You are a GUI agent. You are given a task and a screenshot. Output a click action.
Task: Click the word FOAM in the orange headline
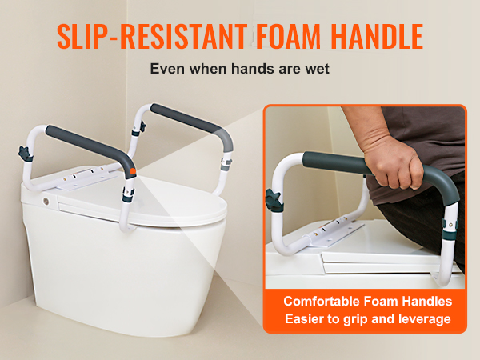(288, 37)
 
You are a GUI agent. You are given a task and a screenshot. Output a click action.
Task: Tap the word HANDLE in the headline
(377, 37)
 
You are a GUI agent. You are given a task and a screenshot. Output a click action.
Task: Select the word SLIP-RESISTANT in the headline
(152, 37)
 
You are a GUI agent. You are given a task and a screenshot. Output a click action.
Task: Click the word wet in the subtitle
(317, 69)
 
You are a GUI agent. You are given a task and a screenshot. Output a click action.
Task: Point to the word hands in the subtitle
(254, 69)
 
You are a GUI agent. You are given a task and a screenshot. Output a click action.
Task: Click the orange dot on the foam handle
(133, 171)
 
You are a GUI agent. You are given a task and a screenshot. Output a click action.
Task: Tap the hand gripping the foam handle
(394, 162)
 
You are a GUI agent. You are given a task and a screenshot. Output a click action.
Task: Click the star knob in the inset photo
(274, 200)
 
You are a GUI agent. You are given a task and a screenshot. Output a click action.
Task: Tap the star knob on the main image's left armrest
(25, 154)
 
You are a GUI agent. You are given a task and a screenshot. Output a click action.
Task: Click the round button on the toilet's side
(46, 201)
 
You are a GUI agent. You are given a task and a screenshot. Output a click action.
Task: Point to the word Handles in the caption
(427, 302)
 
